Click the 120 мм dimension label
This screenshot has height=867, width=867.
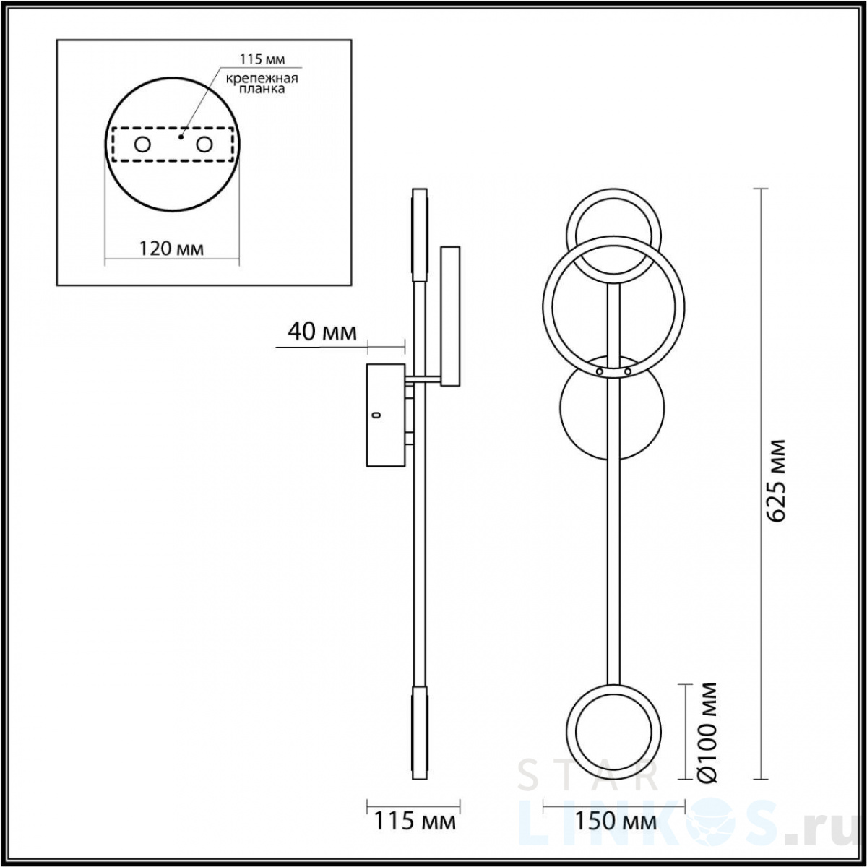pyautogui.click(x=171, y=249)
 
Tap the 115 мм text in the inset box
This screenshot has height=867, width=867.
pyautogui.click(x=262, y=59)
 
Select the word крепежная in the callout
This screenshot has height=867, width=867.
pyautogui.click(x=262, y=78)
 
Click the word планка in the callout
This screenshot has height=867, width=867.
pyautogui.click(x=262, y=89)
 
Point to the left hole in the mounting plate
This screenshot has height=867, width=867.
pyautogui.click(x=142, y=145)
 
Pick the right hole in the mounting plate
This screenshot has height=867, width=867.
pyautogui.click(x=204, y=145)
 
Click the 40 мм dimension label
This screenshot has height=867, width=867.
pyautogui.click(x=322, y=332)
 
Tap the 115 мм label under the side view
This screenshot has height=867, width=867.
pyautogui.click(x=415, y=821)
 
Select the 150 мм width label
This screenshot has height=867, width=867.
pyautogui.click(x=616, y=821)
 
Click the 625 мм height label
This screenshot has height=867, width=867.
pyautogui.click(x=775, y=480)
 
